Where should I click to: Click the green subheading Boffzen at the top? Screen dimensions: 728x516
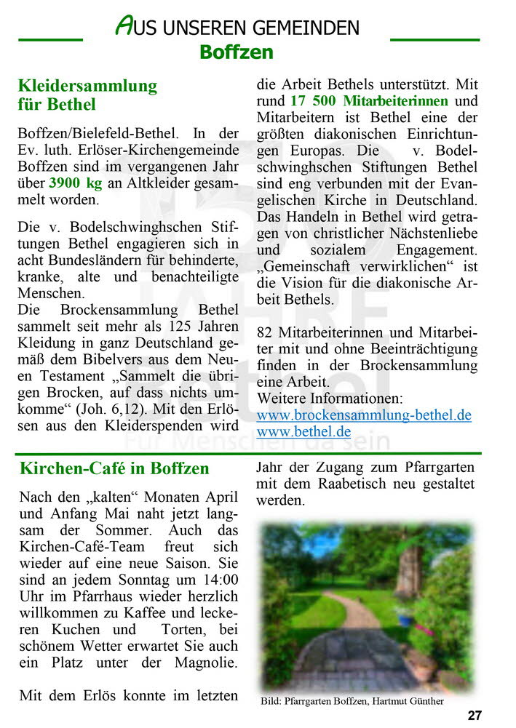pyautogui.click(x=237, y=52)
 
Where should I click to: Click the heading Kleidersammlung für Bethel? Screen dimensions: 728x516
pyautogui.click(x=87, y=95)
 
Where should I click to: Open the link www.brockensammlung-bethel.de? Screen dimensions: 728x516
pyautogui.click(x=364, y=415)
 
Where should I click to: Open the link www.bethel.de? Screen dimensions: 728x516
pyautogui.click(x=303, y=432)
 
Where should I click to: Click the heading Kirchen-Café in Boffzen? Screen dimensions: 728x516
pyautogui.click(x=114, y=468)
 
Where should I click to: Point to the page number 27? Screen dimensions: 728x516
pyautogui.click(x=475, y=716)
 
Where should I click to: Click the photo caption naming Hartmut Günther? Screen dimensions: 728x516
pyautogui.click(x=352, y=701)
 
